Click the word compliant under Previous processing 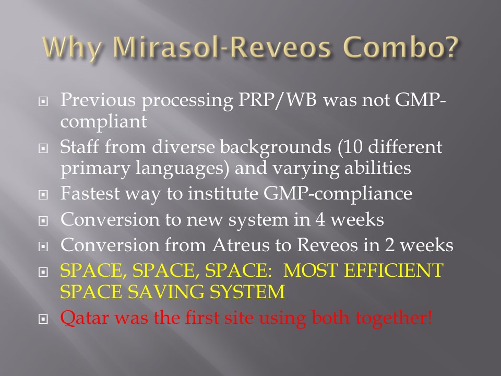[x=103, y=122]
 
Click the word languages [x=182, y=169]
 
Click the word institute [x=223, y=193]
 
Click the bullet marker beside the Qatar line [x=43, y=319]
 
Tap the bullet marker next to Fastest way [x=43, y=195]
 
